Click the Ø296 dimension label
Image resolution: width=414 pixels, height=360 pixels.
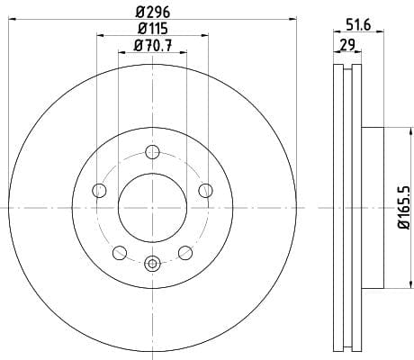click(153, 13)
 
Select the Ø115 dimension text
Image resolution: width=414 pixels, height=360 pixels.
click(153, 29)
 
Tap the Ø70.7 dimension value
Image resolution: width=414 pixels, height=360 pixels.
click(153, 46)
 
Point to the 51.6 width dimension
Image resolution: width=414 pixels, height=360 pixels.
click(358, 24)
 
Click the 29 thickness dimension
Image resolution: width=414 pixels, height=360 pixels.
click(347, 45)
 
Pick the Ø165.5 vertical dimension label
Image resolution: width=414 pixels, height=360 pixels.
click(404, 208)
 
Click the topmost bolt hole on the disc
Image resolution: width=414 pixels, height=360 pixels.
click(152, 152)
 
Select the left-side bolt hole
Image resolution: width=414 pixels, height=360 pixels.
click(99, 190)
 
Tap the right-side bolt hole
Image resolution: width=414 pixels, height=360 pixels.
click(206, 190)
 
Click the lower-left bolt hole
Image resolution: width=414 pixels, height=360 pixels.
click(120, 253)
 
